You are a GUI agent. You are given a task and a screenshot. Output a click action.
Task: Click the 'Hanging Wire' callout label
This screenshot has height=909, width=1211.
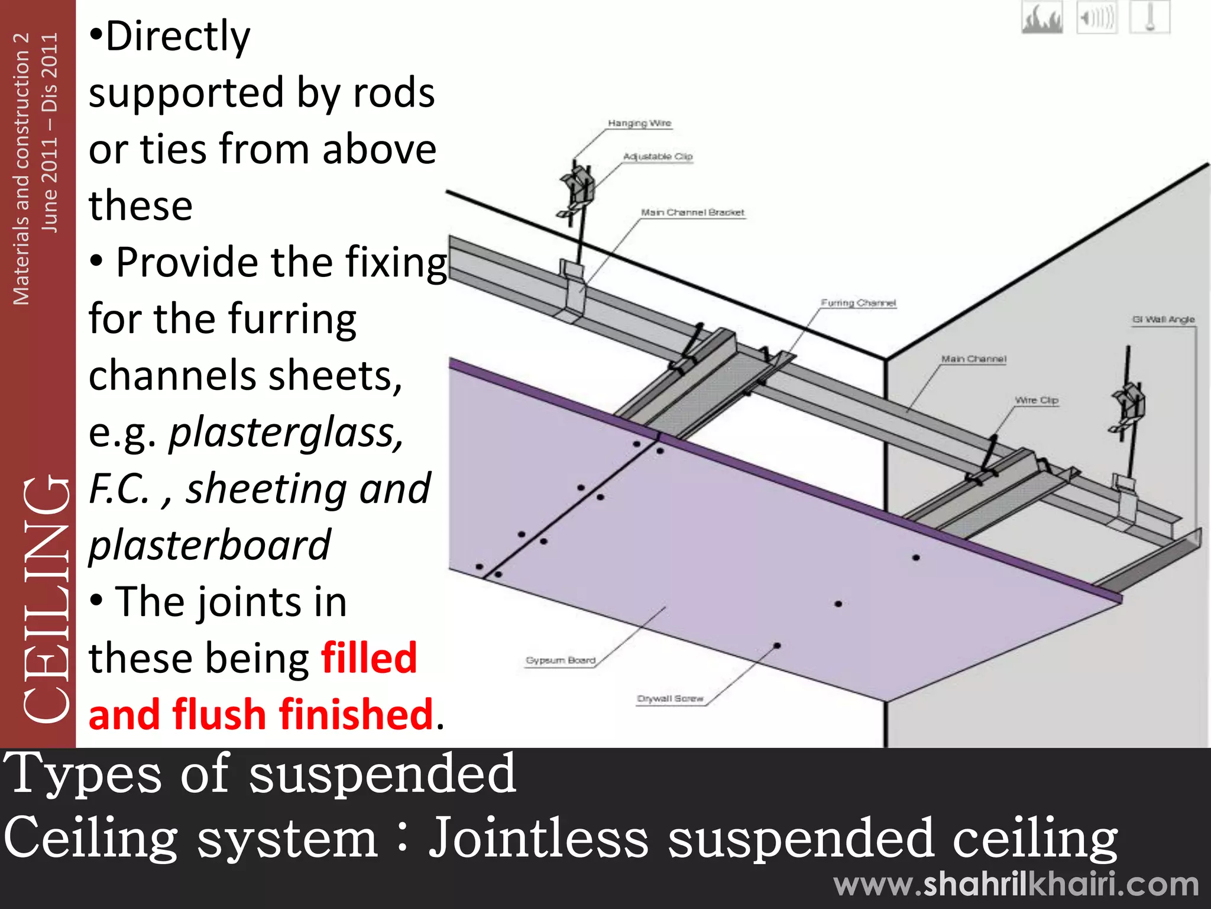[639, 123]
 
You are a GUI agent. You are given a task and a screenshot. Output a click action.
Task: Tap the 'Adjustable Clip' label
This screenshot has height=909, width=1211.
[658, 156]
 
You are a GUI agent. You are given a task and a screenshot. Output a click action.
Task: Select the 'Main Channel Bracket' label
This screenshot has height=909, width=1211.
[692, 212]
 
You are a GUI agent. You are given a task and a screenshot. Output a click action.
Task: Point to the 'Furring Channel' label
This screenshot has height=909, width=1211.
[858, 303]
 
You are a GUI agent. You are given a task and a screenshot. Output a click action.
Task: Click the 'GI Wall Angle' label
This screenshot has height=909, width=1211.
[1163, 320]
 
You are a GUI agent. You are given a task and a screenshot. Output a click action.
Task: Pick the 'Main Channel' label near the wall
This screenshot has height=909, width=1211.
[973, 359]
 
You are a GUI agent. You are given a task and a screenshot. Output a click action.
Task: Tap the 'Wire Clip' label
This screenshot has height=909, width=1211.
[1036, 400]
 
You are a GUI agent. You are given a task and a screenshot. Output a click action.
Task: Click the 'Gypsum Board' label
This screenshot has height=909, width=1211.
[561, 660]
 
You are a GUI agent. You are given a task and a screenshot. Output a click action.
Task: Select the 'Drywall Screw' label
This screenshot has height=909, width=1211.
[670, 699]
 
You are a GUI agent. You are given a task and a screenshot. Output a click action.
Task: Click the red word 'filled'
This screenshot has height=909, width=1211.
[369, 658]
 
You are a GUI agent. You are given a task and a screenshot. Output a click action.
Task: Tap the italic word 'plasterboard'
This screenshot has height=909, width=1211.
[209, 545]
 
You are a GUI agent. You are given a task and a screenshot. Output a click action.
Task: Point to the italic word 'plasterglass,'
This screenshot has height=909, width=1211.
[286, 433]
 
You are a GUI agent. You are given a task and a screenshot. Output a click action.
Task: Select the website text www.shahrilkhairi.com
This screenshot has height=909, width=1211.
[1016, 885]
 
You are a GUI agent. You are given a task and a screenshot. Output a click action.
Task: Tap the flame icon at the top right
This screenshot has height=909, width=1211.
[1042, 18]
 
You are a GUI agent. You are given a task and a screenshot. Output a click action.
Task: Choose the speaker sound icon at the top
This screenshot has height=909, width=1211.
[1096, 18]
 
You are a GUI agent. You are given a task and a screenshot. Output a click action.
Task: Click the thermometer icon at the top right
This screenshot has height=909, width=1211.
[1150, 18]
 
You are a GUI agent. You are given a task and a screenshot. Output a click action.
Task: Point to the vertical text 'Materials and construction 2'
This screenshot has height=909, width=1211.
[21, 169]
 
